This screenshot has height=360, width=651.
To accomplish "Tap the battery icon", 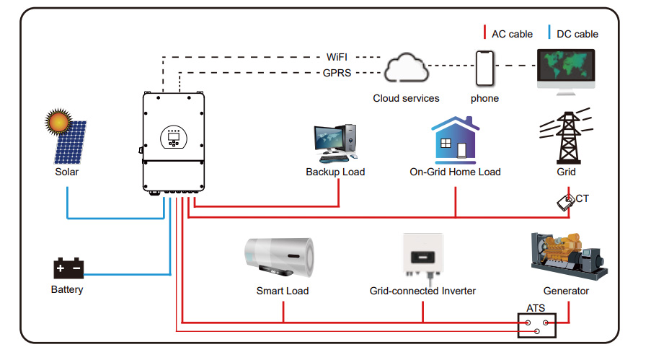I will (69, 268).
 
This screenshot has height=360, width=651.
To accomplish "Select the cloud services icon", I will (406, 70).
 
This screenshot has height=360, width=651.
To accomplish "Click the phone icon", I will (484, 69).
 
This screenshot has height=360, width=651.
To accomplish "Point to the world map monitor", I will (566, 68).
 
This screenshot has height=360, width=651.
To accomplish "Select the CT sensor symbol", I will (565, 202).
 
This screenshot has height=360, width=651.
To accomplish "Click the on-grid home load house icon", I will (455, 139).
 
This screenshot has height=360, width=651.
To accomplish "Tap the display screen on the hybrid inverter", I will (173, 135).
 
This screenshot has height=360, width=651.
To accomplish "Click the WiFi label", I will (337, 56).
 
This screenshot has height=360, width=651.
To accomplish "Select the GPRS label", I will (337, 72).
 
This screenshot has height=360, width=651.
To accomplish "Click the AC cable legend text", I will (512, 34).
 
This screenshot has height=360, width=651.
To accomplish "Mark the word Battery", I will (67, 290).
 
